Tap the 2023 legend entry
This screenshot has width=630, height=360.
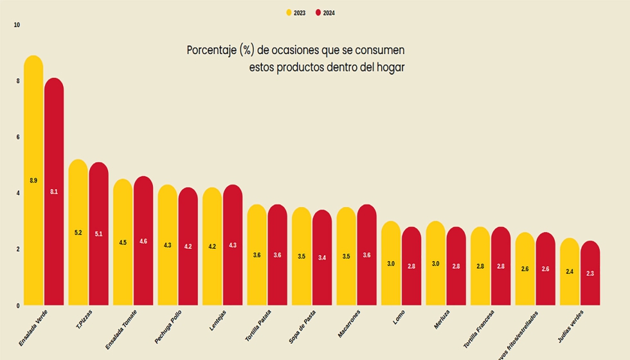[296, 13]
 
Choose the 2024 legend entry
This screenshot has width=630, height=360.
[326, 13]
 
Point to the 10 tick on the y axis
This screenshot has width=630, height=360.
[17, 25]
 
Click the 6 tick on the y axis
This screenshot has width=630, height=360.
[18, 137]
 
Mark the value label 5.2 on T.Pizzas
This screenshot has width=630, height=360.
[78, 233]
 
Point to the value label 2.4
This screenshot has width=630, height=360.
[570, 272]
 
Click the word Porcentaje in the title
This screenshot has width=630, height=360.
[211, 50]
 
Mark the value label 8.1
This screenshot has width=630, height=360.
[54, 192]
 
